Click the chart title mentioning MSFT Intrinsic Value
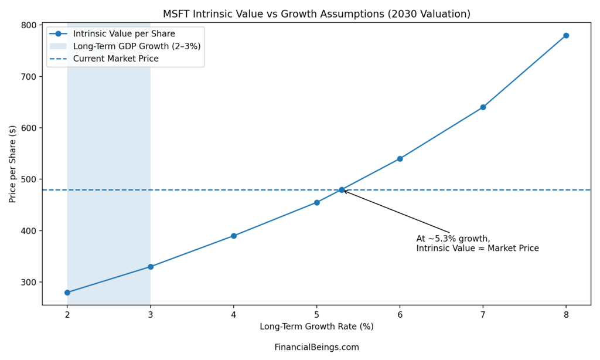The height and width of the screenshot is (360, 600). pyautogui.click(x=316, y=13)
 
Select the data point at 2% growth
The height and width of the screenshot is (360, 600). pyautogui.click(x=67, y=292)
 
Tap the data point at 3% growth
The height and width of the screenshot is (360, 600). pyautogui.click(x=151, y=267)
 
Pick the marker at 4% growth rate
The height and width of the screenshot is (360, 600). pyautogui.click(x=234, y=236)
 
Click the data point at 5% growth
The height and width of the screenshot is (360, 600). pyautogui.click(x=317, y=202)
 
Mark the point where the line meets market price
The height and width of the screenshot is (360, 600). pyautogui.click(x=342, y=190)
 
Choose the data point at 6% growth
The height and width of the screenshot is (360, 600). pyautogui.click(x=400, y=159)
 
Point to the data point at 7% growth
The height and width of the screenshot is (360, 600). pyautogui.click(x=483, y=107)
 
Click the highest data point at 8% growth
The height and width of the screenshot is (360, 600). pyautogui.click(x=566, y=36)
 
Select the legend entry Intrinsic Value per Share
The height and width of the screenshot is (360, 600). pyautogui.click(x=124, y=33)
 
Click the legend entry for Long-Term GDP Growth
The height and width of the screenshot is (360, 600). pyautogui.click(x=137, y=46)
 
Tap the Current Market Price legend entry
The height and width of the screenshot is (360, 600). pyautogui.click(x=115, y=59)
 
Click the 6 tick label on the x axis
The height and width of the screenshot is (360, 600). pyautogui.click(x=400, y=315)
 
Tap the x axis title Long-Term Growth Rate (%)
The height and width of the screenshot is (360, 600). pyautogui.click(x=316, y=327)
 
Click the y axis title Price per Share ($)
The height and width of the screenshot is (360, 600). pyautogui.click(x=13, y=165)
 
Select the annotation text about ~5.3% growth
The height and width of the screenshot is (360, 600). pyautogui.click(x=477, y=243)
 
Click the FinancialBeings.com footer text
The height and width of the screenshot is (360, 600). pyautogui.click(x=316, y=347)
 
